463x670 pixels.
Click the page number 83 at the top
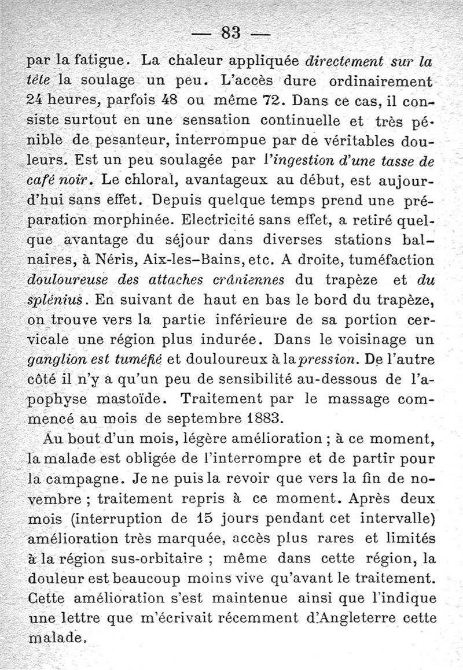coord(231,32)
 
